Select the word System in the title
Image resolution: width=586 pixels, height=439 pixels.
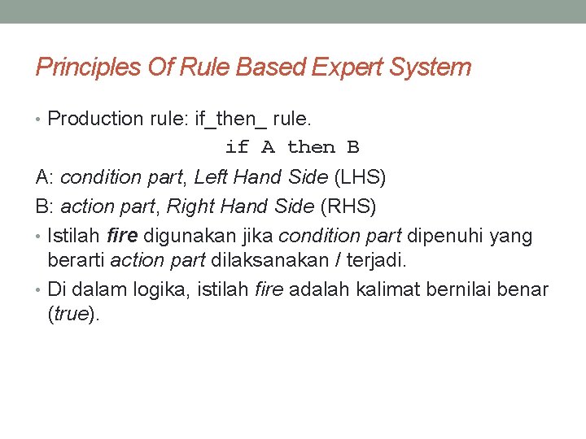click(x=437, y=67)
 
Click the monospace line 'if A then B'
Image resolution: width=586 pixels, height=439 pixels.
click(x=292, y=147)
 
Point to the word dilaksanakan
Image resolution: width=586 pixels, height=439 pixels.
click(x=253, y=260)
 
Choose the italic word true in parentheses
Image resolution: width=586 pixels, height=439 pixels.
click(x=72, y=315)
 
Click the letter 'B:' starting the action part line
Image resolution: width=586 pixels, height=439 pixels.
click(x=44, y=206)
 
